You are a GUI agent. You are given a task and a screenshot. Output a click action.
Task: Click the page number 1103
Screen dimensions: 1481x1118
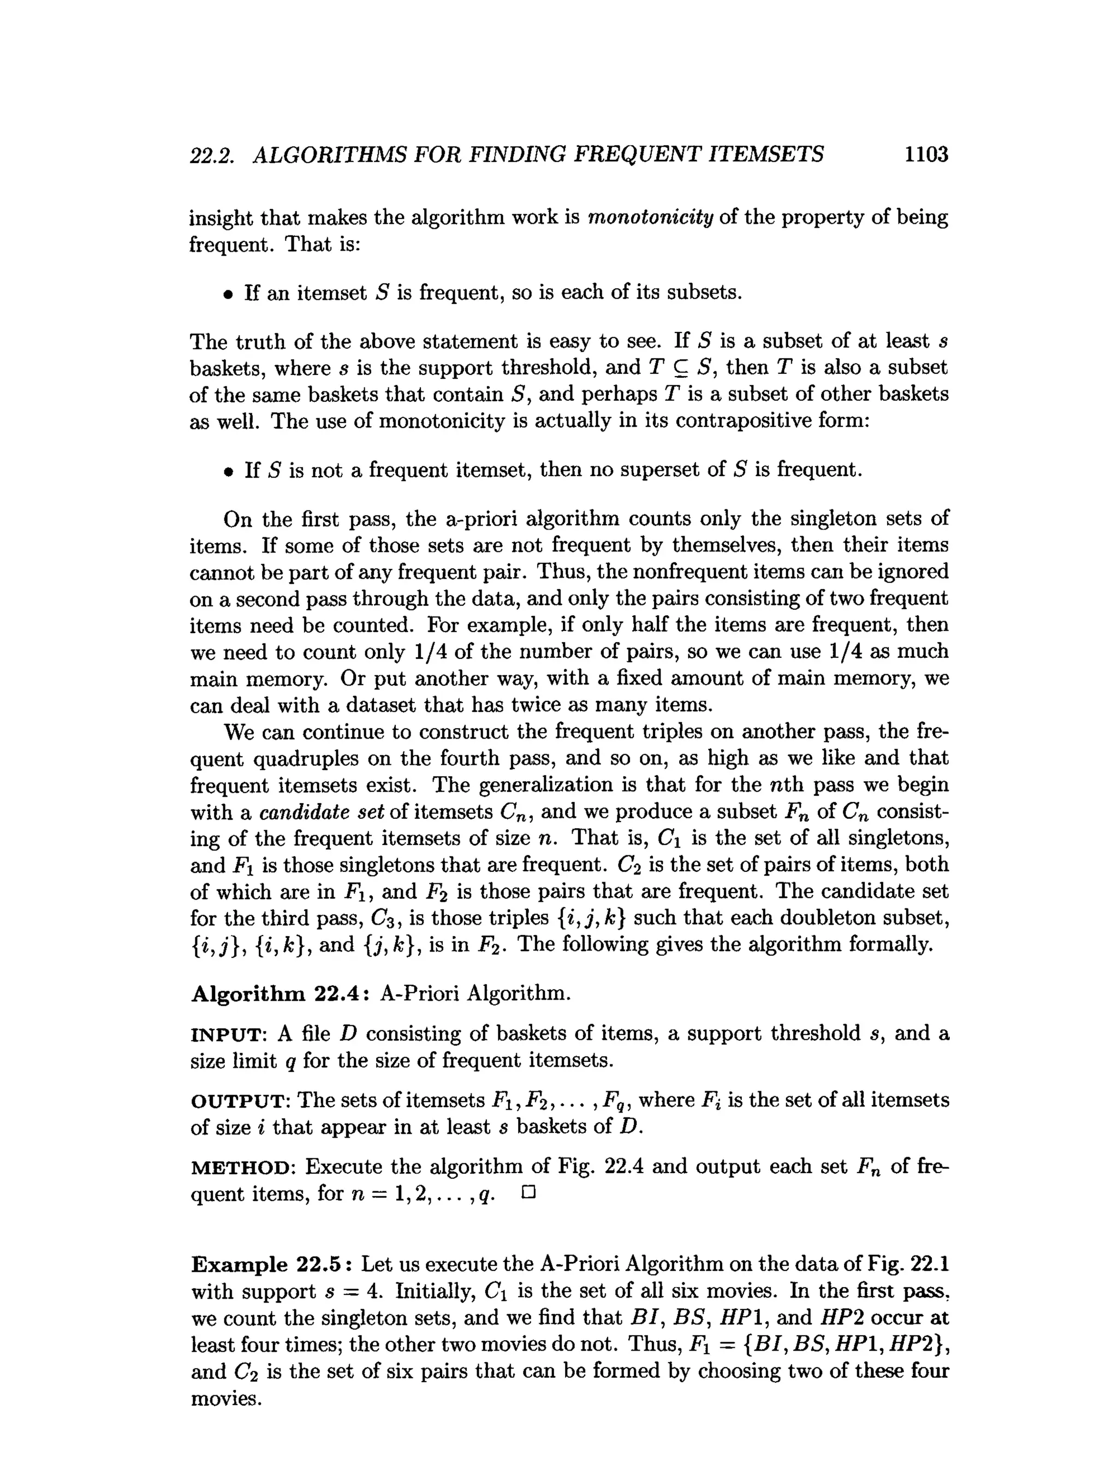(926, 154)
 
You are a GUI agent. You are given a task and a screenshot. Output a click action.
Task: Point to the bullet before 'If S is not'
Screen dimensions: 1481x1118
(229, 471)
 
